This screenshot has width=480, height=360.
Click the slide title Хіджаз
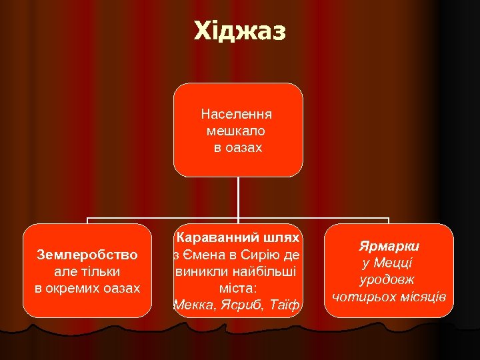click(239, 31)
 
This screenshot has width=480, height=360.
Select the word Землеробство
click(87, 254)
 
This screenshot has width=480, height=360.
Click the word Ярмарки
click(389, 246)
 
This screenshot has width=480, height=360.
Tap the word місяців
click(420, 296)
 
